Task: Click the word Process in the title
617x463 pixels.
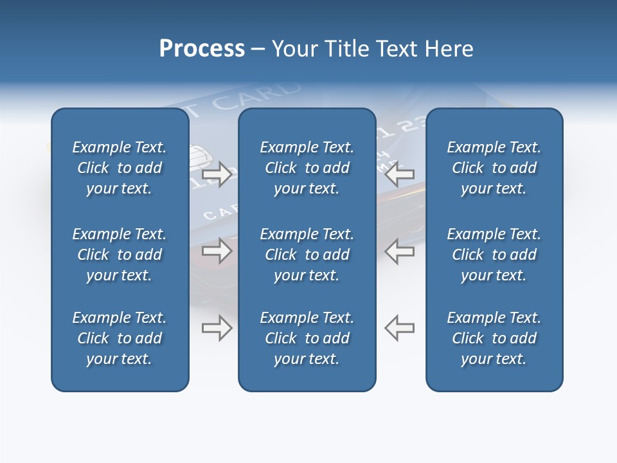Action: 202,49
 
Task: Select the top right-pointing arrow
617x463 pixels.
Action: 217,174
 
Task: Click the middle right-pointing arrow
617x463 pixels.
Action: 217,251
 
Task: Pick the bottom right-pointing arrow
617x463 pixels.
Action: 217,328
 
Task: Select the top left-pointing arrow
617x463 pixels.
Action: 400,174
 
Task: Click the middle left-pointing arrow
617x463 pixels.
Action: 400,251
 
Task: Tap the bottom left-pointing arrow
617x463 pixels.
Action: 400,328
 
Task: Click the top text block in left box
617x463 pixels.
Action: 120,168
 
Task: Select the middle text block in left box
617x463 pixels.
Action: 120,255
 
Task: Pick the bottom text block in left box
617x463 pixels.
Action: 120,338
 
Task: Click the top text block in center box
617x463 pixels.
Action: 307,168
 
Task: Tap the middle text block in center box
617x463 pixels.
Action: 307,255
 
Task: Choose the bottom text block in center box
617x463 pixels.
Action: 307,338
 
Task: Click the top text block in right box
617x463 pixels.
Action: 494,168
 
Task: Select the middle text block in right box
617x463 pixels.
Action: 494,255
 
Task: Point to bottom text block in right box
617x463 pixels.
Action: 494,338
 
